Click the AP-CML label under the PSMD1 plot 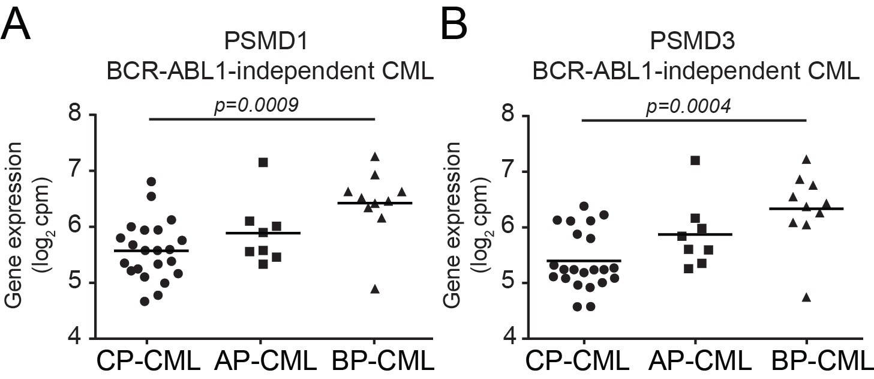265,361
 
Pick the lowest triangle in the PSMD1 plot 375,290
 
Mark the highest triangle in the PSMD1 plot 375,157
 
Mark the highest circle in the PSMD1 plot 151,181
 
